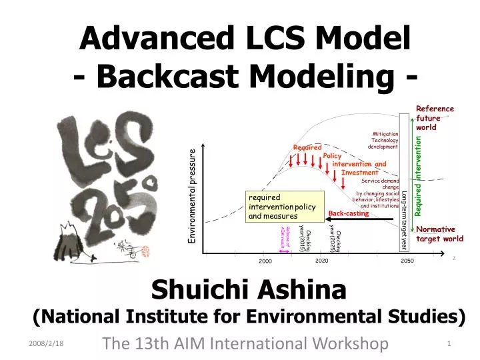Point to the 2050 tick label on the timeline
(x=408, y=261)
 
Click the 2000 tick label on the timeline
(x=266, y=261)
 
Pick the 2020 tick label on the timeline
(x=322, y=261)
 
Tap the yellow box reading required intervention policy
(x=284, y=207)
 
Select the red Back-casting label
(x=349, y=213)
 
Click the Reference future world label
(x=435, y=118)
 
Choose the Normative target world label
(x=439, y=234)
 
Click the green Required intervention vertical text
(x=419, y=176)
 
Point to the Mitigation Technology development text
(x=384, y=141)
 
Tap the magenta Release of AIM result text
(x=283, y=237)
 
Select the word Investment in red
(x=360, y=173)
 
